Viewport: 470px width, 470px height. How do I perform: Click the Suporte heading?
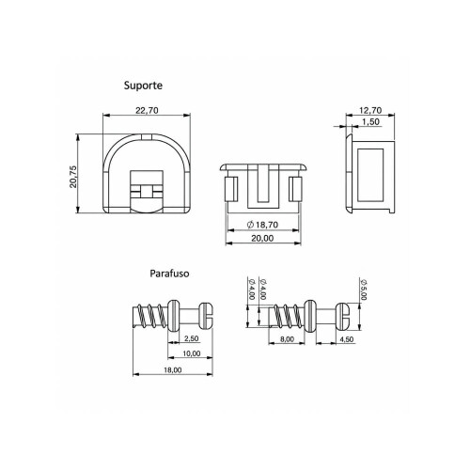(143, 86)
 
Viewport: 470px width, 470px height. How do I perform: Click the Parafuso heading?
(169, 274)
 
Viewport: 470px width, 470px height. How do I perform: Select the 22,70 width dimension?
(147, 110)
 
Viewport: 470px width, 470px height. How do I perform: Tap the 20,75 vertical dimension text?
(73, 177)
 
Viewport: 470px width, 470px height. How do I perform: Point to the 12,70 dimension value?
(370, 110)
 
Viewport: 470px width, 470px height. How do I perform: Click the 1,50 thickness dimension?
(370, 121)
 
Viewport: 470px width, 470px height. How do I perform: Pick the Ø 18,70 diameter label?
(262, 225)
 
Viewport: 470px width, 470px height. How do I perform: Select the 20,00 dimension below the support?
(262, 239)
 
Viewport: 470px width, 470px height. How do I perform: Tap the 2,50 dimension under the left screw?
(191, 338)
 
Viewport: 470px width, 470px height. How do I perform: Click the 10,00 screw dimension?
(192, 353)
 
